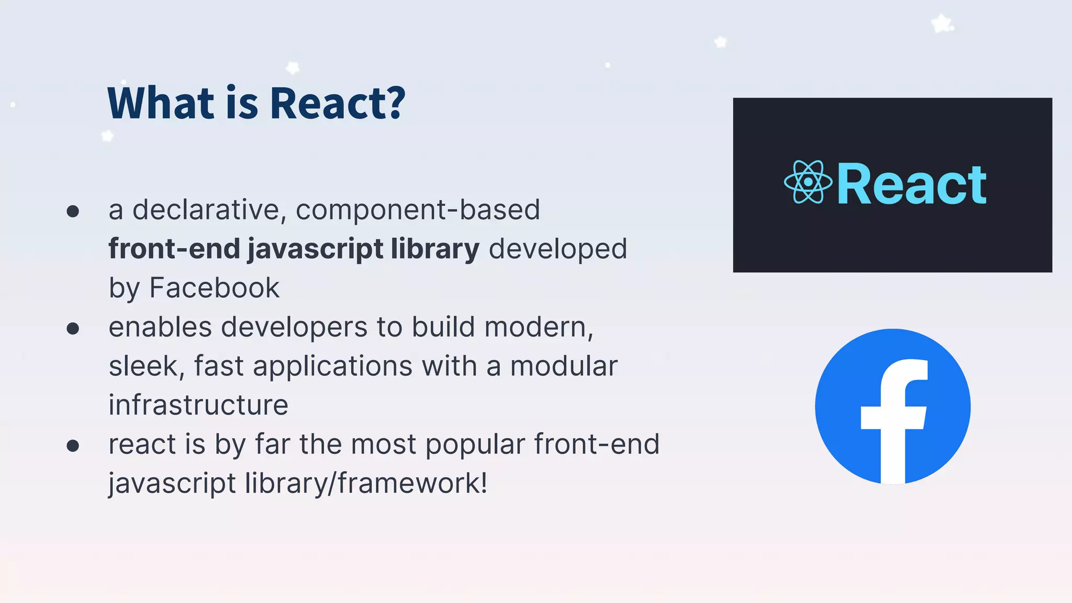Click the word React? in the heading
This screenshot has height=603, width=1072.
tap(338, 103)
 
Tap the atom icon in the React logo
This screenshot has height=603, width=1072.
tap(808, 182)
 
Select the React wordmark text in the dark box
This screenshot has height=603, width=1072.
tap(911, 184)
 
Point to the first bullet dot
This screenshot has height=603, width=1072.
tap(73, 211)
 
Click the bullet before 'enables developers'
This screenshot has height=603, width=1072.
tap(73, 328)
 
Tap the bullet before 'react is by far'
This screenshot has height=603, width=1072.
tap(73, 445)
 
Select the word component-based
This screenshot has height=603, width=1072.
tap(418, 210)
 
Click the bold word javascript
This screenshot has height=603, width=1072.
tap(315, 249)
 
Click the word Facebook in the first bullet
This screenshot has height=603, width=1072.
tap(214, 288)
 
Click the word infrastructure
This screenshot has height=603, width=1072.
tap(198, 405)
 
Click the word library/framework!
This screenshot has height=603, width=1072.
tap(366, 483)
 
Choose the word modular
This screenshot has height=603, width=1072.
tap(564, 366)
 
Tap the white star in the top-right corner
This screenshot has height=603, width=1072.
tap(942, 24)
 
